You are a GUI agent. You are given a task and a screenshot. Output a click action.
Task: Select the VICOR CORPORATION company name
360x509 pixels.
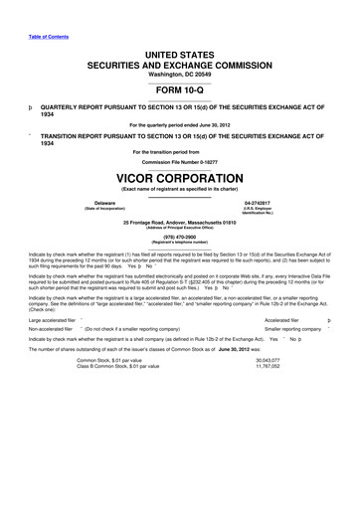[x=180, y=180]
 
